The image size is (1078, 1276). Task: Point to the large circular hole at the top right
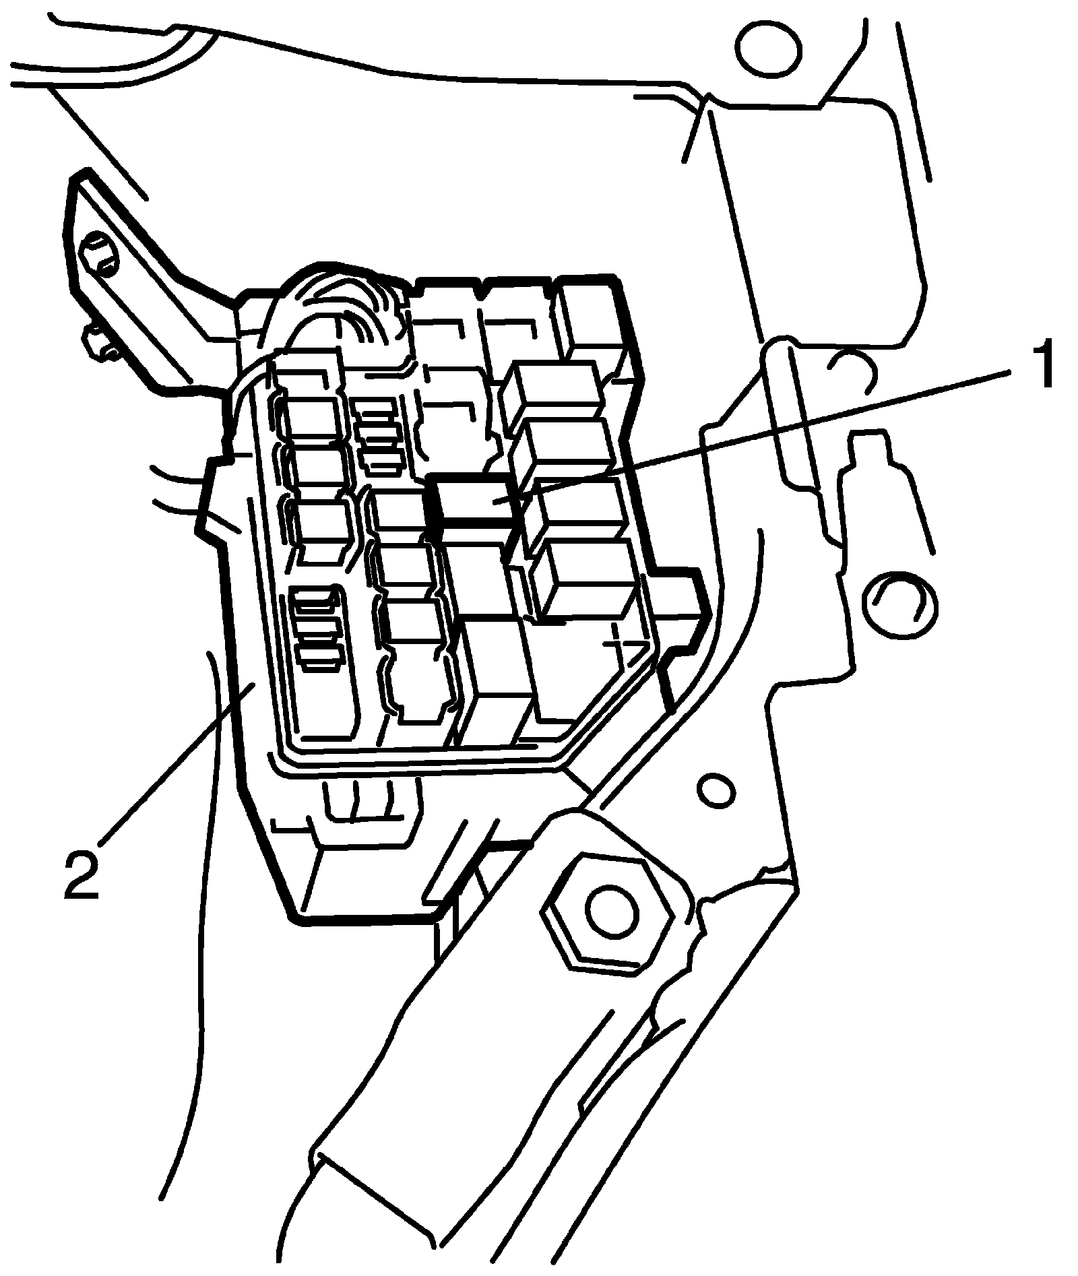(x=768, y=51)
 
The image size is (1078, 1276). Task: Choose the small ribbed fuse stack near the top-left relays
(x=379, y=432)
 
